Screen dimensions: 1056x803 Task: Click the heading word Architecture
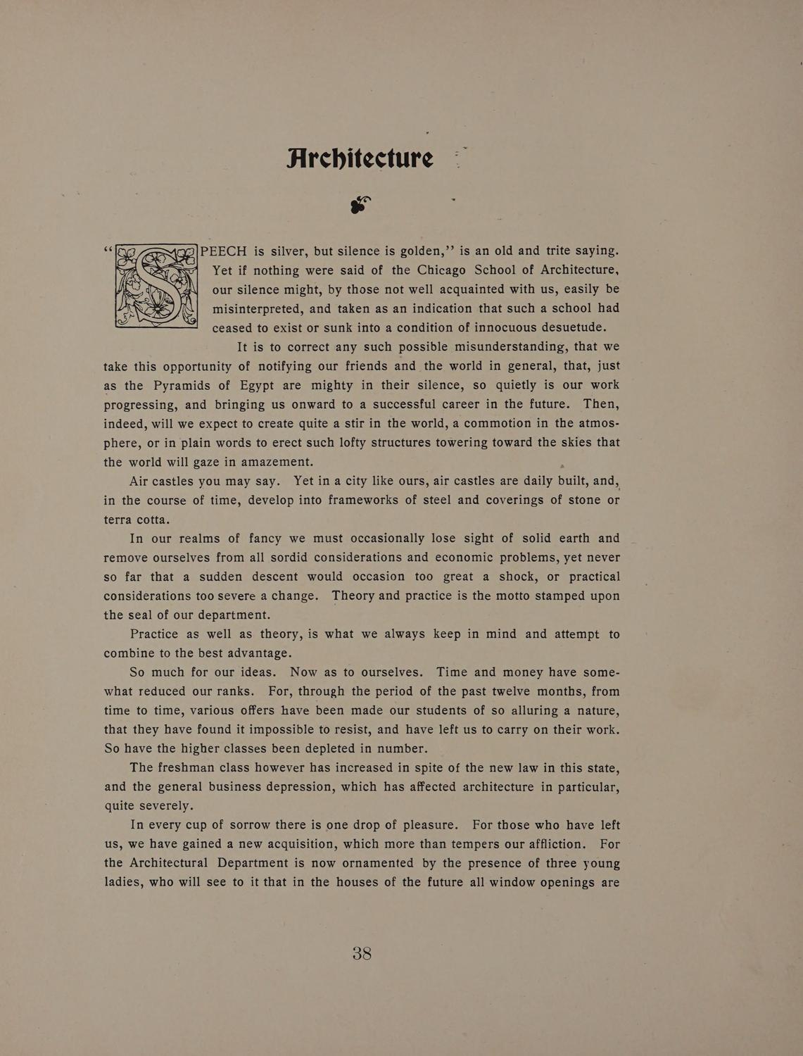pos(360,158)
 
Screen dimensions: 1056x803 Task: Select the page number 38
pos(362,954)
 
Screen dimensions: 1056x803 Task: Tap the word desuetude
pos(568,327)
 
